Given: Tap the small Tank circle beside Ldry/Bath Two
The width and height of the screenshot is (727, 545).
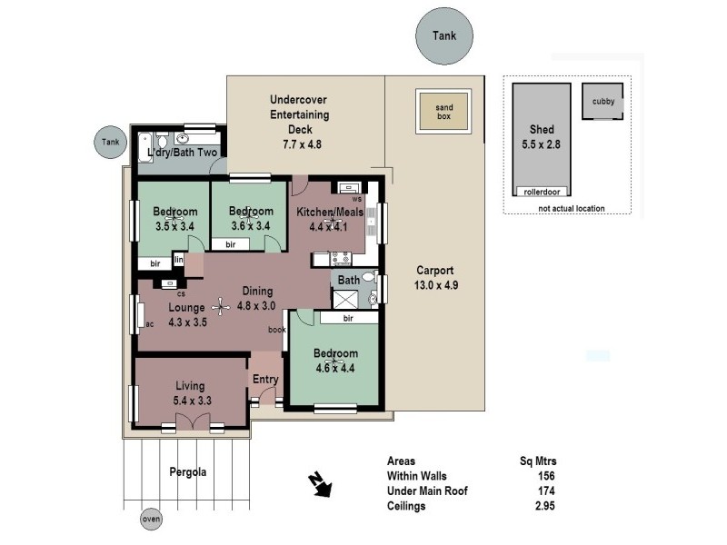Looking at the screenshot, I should (x=110, y=142).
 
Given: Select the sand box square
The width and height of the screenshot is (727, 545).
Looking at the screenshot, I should (x=443, y=113).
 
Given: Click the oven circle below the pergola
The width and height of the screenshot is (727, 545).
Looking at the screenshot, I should (x=151, y=520).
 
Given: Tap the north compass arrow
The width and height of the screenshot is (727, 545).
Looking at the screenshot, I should (x=320, y=486).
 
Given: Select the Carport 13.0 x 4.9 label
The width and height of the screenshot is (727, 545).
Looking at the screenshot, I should (x=434, y=277).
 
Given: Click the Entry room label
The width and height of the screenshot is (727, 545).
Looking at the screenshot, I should (x=265, y=380).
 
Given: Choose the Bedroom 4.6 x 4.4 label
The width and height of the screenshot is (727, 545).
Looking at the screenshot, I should (x=335, y=360).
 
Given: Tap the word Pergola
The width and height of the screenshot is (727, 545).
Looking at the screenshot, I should (x=188, y=472).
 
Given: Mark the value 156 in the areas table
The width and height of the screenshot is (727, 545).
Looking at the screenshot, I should (x=545, y=476).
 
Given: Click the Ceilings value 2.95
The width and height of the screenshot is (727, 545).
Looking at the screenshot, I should (x=543, y=506).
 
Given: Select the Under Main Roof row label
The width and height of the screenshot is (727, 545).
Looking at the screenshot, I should (x=427, y=491).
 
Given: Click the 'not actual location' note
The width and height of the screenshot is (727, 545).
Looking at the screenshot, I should (x=570, y=208).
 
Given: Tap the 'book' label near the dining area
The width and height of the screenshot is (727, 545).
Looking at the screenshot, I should (x=277, y=330).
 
